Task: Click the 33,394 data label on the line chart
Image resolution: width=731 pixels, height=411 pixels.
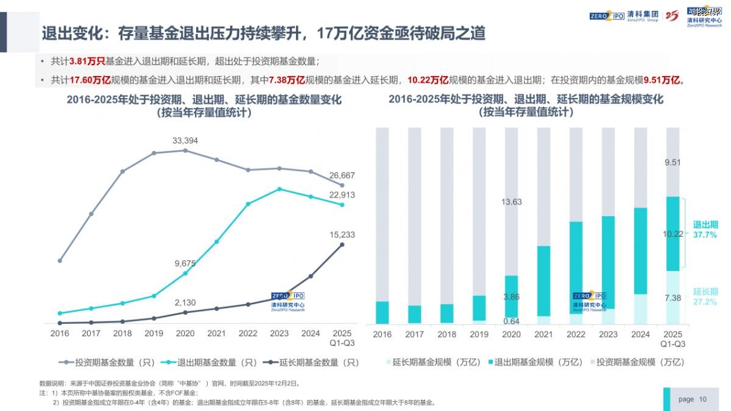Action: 185,141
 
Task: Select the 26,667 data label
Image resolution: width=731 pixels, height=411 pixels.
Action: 342,175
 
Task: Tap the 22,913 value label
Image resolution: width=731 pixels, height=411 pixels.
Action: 342,195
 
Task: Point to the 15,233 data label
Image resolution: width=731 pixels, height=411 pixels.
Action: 342,234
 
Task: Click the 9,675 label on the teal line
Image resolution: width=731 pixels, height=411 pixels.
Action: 185,264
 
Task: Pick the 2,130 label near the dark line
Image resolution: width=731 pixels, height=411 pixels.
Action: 185,303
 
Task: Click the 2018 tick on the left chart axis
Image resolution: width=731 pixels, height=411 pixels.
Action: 122,334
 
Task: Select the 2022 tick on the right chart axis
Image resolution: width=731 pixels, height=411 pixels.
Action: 576,334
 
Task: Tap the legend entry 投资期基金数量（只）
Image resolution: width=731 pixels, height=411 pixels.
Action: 106,362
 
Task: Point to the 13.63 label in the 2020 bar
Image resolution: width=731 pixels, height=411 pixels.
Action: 512,202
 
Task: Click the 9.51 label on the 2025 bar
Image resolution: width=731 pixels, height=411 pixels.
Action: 673,162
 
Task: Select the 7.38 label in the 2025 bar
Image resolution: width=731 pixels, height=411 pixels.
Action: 673,298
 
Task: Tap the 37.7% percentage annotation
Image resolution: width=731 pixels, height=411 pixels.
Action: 705,234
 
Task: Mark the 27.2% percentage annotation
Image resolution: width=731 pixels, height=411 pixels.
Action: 705,302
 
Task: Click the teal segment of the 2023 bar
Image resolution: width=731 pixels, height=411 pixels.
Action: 608,262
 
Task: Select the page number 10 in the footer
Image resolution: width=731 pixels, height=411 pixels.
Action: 703,399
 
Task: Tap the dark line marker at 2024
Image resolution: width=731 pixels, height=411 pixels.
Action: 311,276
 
